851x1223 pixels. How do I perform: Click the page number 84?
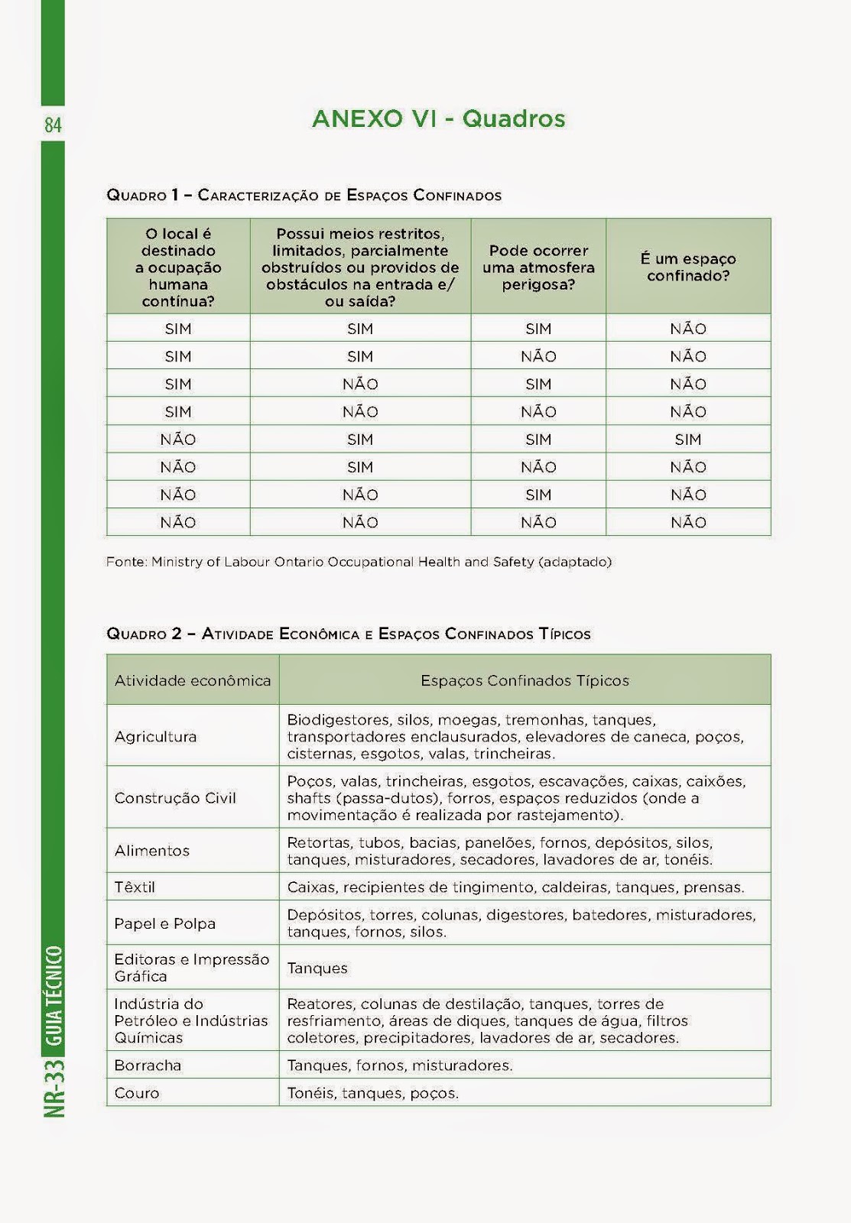(x=53, y=125)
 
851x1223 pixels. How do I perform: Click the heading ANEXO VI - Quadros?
(x=438, y=119)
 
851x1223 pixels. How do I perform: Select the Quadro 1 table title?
(x=304, y=195)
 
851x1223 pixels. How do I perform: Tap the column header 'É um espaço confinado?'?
(x=688, y=267)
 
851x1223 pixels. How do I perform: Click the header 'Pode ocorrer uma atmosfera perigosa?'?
(x=538, y=268)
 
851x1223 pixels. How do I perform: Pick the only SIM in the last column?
(x=688, y=440)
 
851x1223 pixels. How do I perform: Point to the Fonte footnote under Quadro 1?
(x=359, y=562)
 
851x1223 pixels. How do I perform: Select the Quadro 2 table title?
(x=348, y=634)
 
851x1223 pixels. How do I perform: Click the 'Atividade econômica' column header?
(x=193, y=680)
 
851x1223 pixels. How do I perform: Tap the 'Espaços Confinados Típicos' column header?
(x=525, y=680)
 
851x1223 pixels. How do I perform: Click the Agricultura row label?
(x=155, y=737)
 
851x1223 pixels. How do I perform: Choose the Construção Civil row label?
(x=175, y=798)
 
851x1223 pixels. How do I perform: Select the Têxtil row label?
(x=135, y=887)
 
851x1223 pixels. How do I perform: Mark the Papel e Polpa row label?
(x=164, y=923)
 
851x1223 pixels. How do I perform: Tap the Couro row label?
(x=137, y=1093)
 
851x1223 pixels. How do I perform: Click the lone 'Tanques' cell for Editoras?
(x=317, y=968)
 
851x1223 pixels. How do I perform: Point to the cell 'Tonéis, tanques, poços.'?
(x=372, y=1093)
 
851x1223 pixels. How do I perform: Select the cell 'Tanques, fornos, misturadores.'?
(x=400, y=1065)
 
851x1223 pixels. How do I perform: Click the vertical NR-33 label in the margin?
(x=54, y=1088)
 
